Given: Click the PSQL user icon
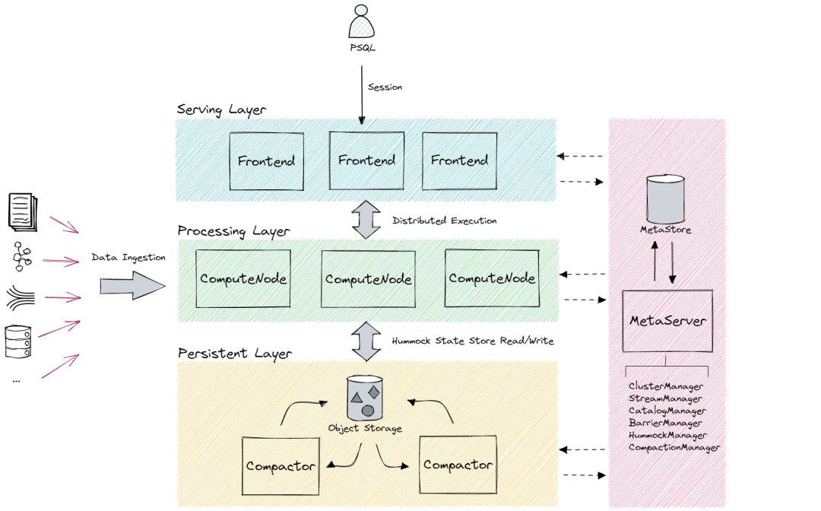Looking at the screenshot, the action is point(361,21).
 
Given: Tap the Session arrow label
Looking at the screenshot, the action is point(385,87).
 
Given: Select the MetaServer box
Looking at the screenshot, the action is point(667,321).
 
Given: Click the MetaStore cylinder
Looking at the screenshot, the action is point(665,199).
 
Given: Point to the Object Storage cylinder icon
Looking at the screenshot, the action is point(365,398).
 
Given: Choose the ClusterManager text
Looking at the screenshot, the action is point(666,386).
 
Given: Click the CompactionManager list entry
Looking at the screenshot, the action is point(674,448).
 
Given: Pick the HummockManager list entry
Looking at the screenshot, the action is point(667,436).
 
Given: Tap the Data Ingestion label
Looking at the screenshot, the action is point(128,258).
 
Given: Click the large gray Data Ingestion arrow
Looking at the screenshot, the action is point(133,286).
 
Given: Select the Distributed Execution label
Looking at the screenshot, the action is point(445,221).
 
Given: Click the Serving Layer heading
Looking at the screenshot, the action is point(221,110).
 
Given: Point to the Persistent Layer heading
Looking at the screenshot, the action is point(235,354).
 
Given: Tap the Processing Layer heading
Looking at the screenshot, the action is point(233,231).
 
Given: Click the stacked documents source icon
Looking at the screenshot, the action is point(23,212).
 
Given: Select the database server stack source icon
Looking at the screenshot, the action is point(17,342).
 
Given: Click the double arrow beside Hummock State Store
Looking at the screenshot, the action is point(366,341).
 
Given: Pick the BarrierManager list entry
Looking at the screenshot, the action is point(665,423).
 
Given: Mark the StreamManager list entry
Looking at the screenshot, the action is point(665,399).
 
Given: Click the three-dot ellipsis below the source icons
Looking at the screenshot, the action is point(16,381).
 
